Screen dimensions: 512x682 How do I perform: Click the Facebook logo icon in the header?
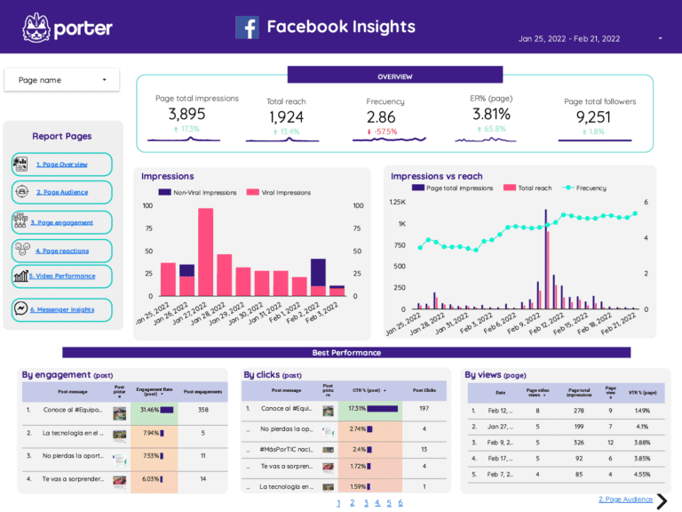247,28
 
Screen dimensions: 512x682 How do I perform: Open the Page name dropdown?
61,80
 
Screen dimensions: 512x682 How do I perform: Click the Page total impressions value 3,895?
186,114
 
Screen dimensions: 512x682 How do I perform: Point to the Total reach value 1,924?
286,116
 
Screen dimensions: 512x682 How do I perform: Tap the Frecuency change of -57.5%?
382,132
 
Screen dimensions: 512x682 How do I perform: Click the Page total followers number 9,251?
592,116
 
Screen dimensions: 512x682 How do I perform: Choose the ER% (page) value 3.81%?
491,114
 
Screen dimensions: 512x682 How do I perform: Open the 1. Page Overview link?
61,164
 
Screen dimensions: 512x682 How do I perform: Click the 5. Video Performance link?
61,276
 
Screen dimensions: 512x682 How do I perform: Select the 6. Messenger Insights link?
61,310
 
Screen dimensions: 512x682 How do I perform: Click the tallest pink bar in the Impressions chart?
205,252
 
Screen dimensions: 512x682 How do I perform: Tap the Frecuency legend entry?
585,188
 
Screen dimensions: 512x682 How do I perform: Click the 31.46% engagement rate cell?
153,410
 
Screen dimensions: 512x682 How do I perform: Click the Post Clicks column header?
424,389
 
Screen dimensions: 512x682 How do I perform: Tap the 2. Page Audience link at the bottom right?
625,500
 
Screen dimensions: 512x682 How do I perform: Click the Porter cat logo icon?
36,28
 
